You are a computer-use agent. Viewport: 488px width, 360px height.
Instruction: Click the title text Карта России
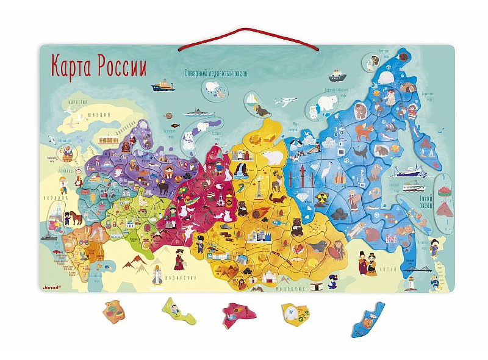pyautogui.click(x=98, y=64)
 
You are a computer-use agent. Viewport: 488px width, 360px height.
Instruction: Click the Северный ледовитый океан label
pyautogui.click(x=220, y=73)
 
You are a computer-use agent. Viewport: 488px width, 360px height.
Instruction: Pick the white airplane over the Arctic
pyautogui.click(x=285, y=100)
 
